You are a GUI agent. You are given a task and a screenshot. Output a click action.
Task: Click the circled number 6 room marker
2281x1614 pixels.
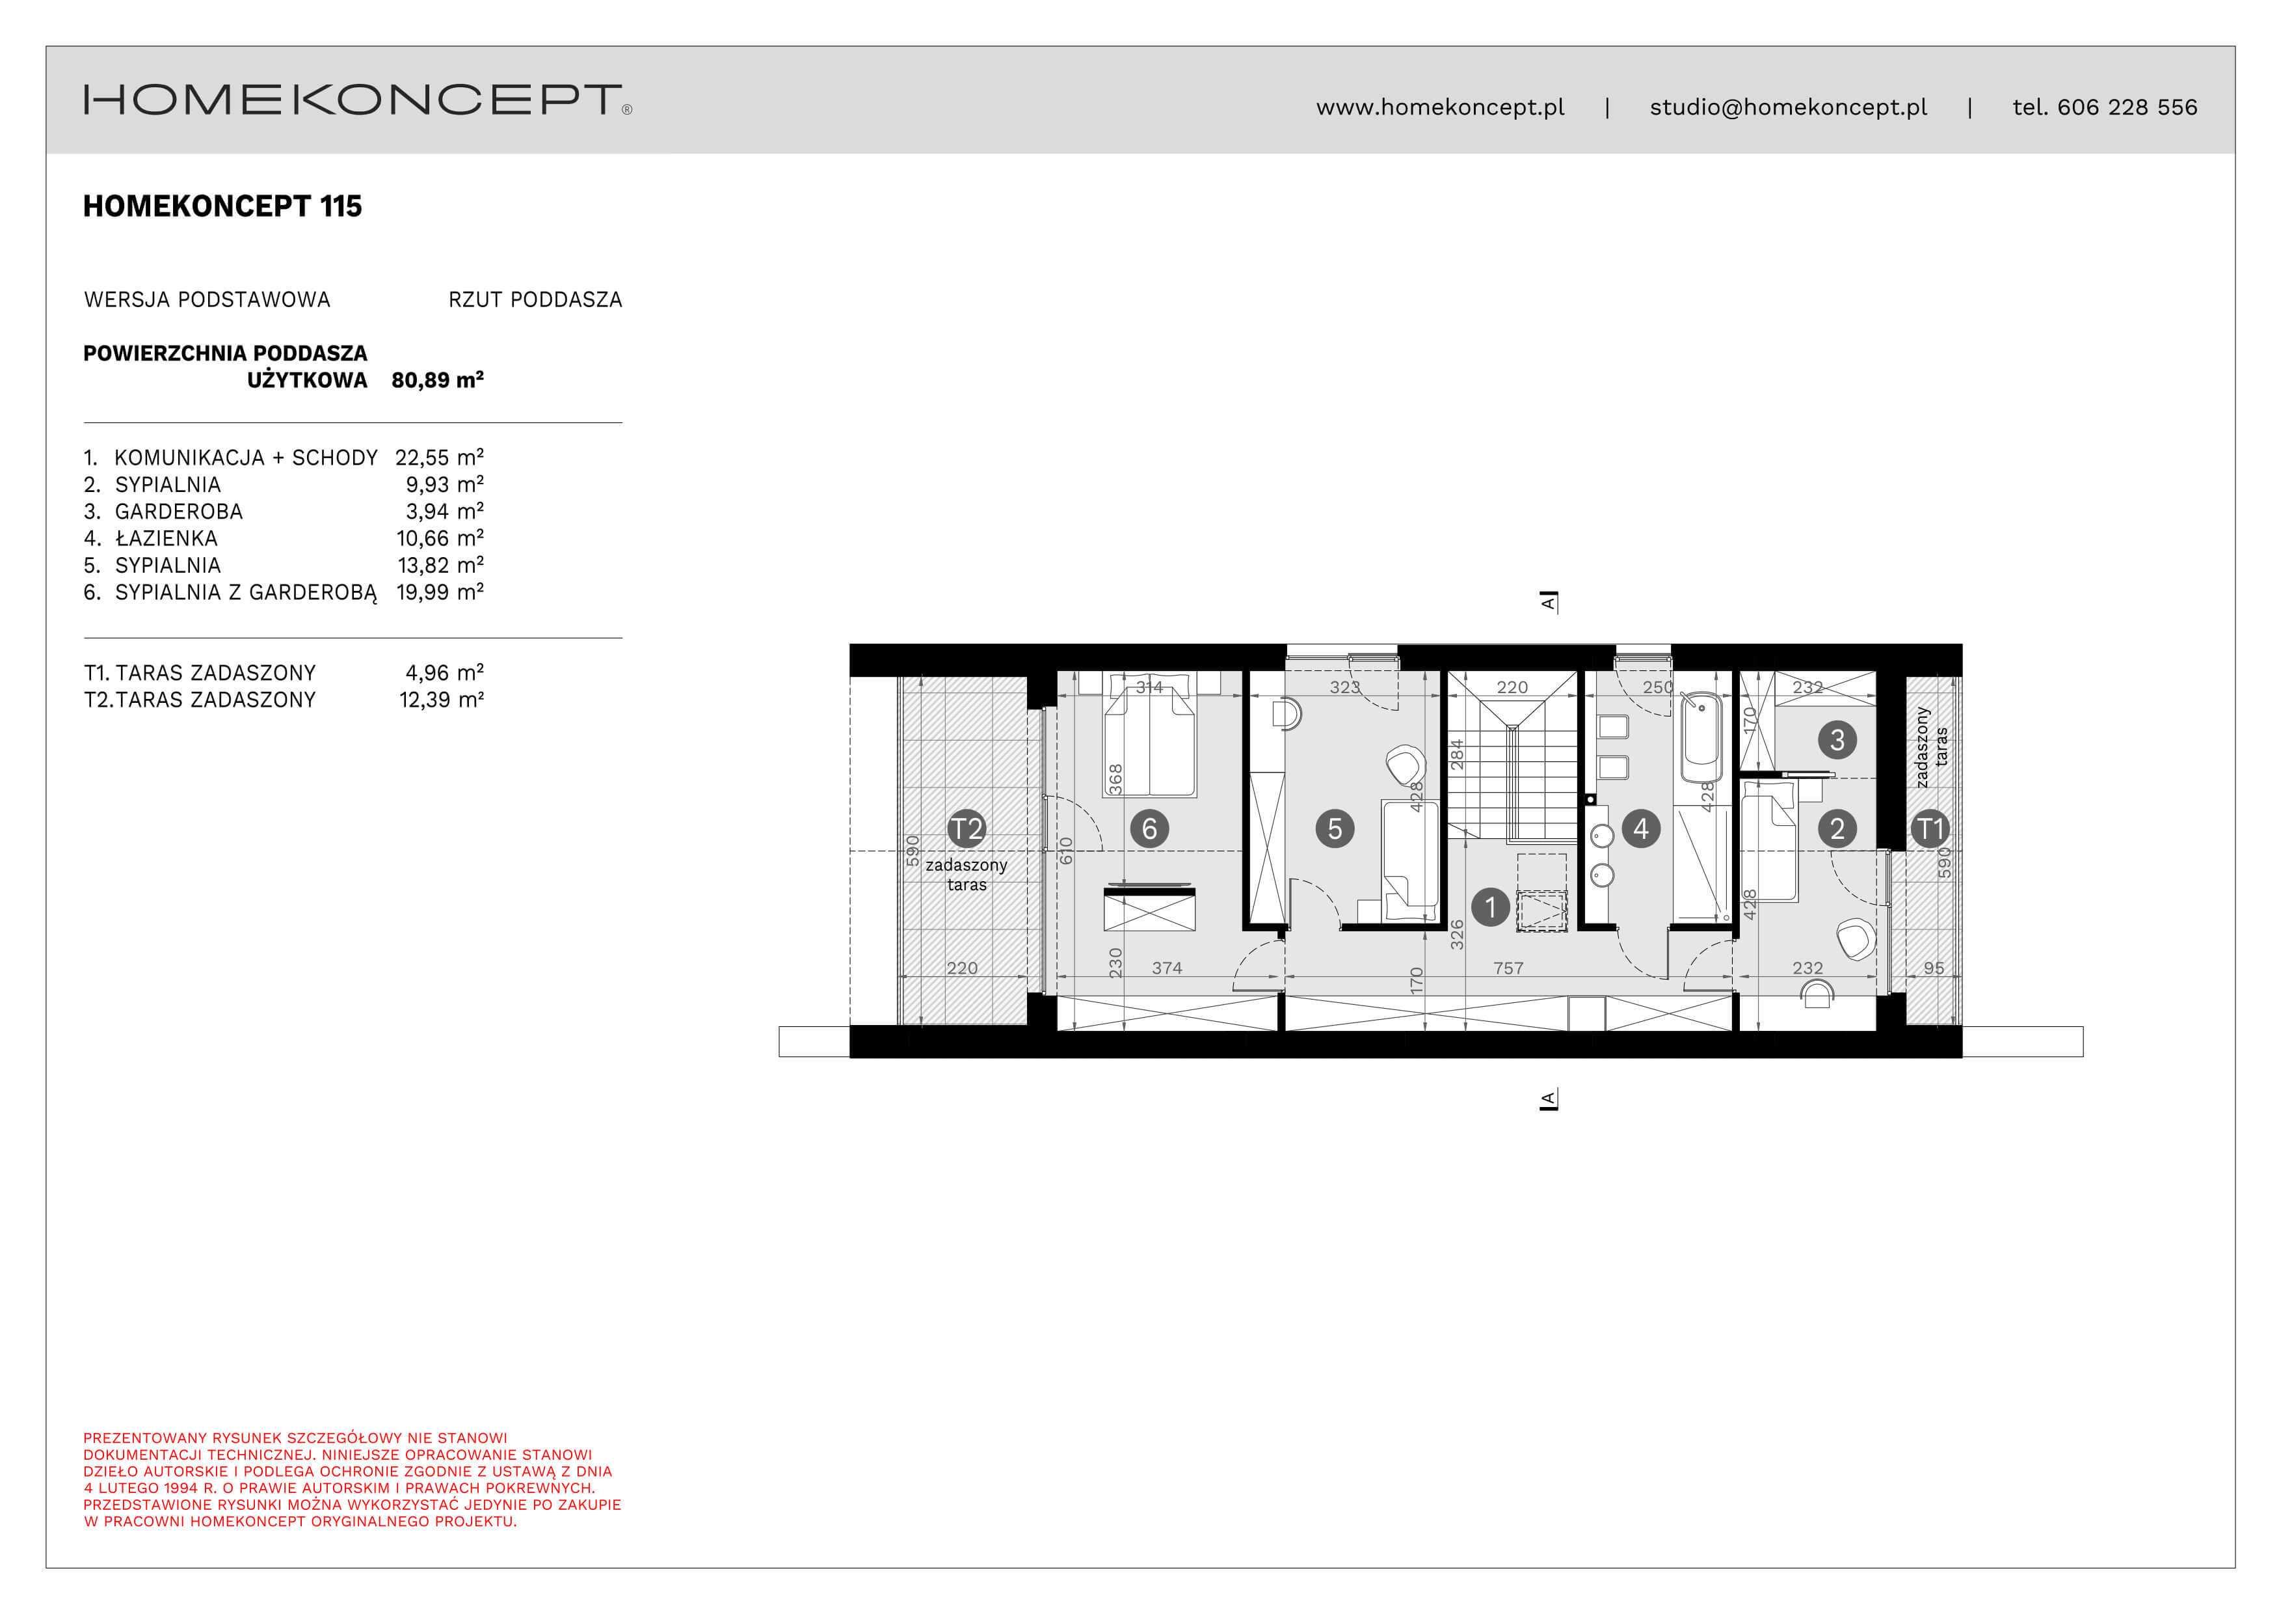[1149, 828]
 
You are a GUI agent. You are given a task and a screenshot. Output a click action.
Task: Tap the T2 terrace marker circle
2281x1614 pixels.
[966, 828]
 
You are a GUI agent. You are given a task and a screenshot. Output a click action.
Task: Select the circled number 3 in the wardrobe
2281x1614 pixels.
[1837, 739]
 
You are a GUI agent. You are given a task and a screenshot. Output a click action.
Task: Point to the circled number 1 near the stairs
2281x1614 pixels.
[1489, 907]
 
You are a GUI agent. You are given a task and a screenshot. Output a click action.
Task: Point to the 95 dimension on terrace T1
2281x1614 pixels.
[1933, 968]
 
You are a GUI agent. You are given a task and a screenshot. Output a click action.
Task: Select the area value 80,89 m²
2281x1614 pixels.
[437, 379]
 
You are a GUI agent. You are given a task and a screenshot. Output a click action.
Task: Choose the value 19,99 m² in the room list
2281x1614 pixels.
[439, 592]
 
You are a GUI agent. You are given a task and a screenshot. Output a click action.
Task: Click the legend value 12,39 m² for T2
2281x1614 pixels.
[441, 700]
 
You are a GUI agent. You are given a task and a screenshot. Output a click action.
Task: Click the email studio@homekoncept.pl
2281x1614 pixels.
[1787, 107]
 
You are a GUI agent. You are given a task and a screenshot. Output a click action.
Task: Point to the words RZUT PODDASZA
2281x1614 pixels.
[535, 300]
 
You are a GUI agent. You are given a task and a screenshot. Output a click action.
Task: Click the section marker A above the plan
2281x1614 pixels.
[1548, 601]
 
